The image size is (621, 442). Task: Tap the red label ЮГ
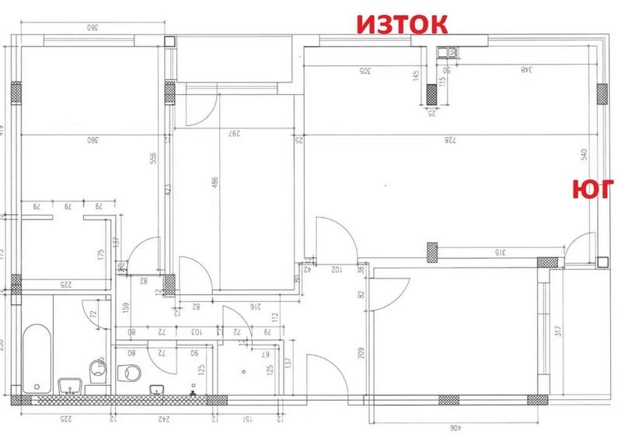pos(594,191)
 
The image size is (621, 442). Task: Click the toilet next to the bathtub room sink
pos(97,370)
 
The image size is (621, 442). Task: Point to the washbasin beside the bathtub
pos(68,385)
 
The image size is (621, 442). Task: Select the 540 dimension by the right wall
pos(584,154)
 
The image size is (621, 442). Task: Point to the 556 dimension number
pos(155,157)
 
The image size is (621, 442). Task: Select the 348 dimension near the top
pos(526,70)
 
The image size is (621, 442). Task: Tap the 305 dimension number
pos(365,71)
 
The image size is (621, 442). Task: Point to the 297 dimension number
pos(231,132)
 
